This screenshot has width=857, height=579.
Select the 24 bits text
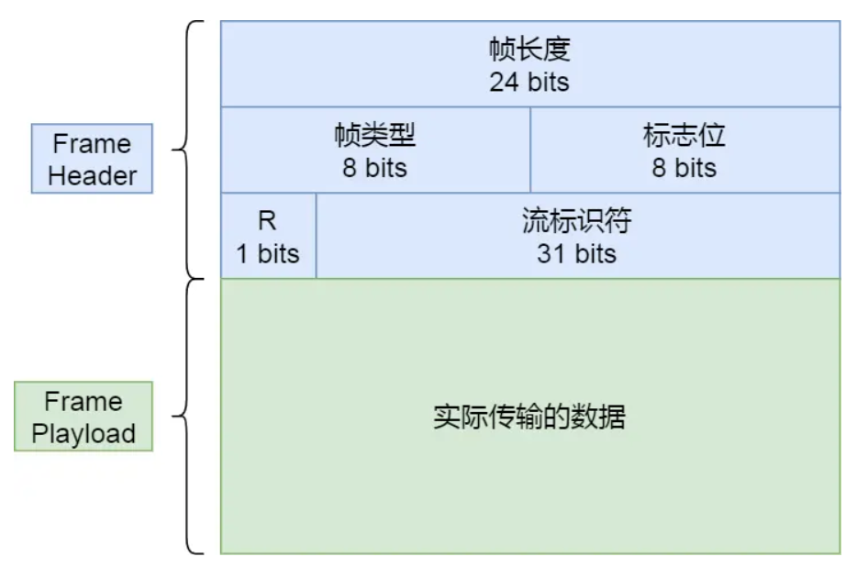click(x=529, y=82)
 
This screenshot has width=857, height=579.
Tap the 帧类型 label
click(x=375, y=136)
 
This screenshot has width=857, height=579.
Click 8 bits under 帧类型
click(x=375, y=168)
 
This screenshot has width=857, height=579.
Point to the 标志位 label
click(x=684, y=136)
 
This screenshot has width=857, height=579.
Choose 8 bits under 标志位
click(x=684, y=168)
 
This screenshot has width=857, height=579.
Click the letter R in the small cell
click(x=267, y=222)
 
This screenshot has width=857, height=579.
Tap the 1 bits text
click(x=268, y=253)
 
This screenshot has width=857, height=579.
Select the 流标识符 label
click(x=577, y=221)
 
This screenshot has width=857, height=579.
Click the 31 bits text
click(x=577, y=253)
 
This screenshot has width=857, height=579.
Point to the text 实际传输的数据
click(x=529, y=418)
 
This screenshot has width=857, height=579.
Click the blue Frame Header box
click(x=92, y=159)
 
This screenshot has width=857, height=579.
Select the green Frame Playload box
click(x=83, y=417)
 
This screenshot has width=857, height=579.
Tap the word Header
click(x=92, y=175)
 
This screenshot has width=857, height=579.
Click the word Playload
click(x=83, y=433)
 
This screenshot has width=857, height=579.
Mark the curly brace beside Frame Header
click(x=188, y=149)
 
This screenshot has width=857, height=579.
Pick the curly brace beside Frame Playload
click(x=188, y=418)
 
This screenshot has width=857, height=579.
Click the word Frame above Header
click(x=92, y=144)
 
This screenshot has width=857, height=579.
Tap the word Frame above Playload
click(x=83, y=402)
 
